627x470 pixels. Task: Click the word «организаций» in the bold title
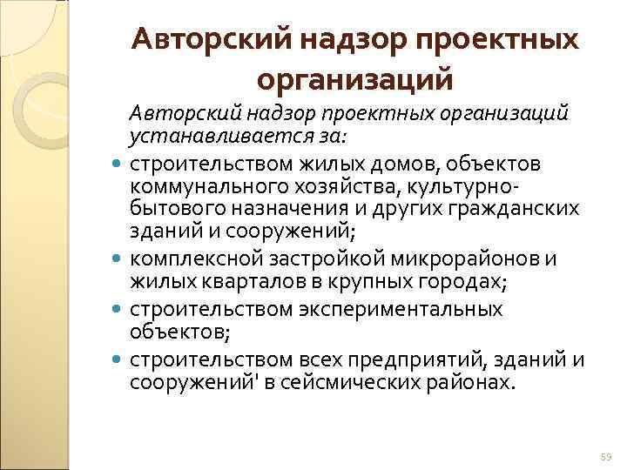click(355, 80)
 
